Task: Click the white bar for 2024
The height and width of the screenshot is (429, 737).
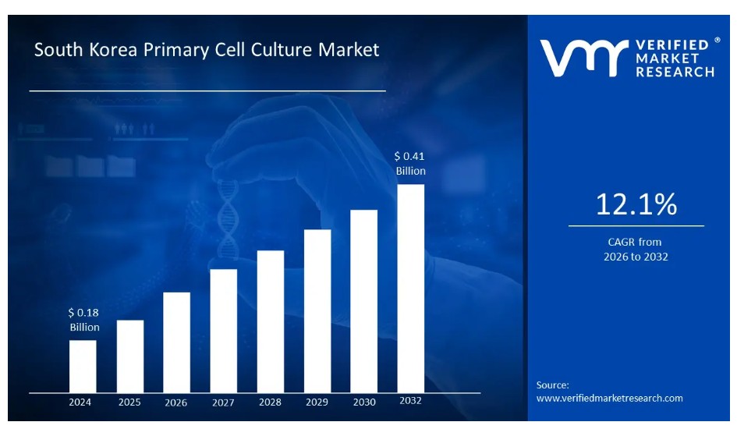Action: pyautogui.click(x=83, y=366)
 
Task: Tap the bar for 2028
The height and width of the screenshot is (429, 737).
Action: pyautogui.click(x=270, y=321)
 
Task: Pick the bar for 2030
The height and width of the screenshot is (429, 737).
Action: pyautogui.click(x=363, y=300)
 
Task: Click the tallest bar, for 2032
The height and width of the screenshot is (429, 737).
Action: pyautogui.click(x=411, y=288)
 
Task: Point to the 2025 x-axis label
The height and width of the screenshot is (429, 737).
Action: pyautogui.click(x=129, y=402)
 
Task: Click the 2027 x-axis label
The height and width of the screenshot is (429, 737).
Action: pyautogui.click(x=223, y=402)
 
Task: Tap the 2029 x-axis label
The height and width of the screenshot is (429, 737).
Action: pyautogui.click(x=317, y=402)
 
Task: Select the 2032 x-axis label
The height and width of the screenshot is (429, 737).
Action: pyautogui.click(x=411, y=402)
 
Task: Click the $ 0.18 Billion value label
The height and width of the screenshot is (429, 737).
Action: pyautogui.click(x=84, y=319)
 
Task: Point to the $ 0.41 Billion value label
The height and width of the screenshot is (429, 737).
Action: pyautogui.click(x=411, y=164)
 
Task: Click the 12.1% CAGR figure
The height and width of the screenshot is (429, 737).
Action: pyautogui.click(x=636, y=204)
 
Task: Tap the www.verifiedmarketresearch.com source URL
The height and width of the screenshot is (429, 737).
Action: pyautogui.click(x=609, y=398)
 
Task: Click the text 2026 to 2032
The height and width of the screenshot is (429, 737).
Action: pyautogui.click(x=636, y=257)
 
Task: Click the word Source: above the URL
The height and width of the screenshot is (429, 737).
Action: pyautogui.click(x=552, y=385)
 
